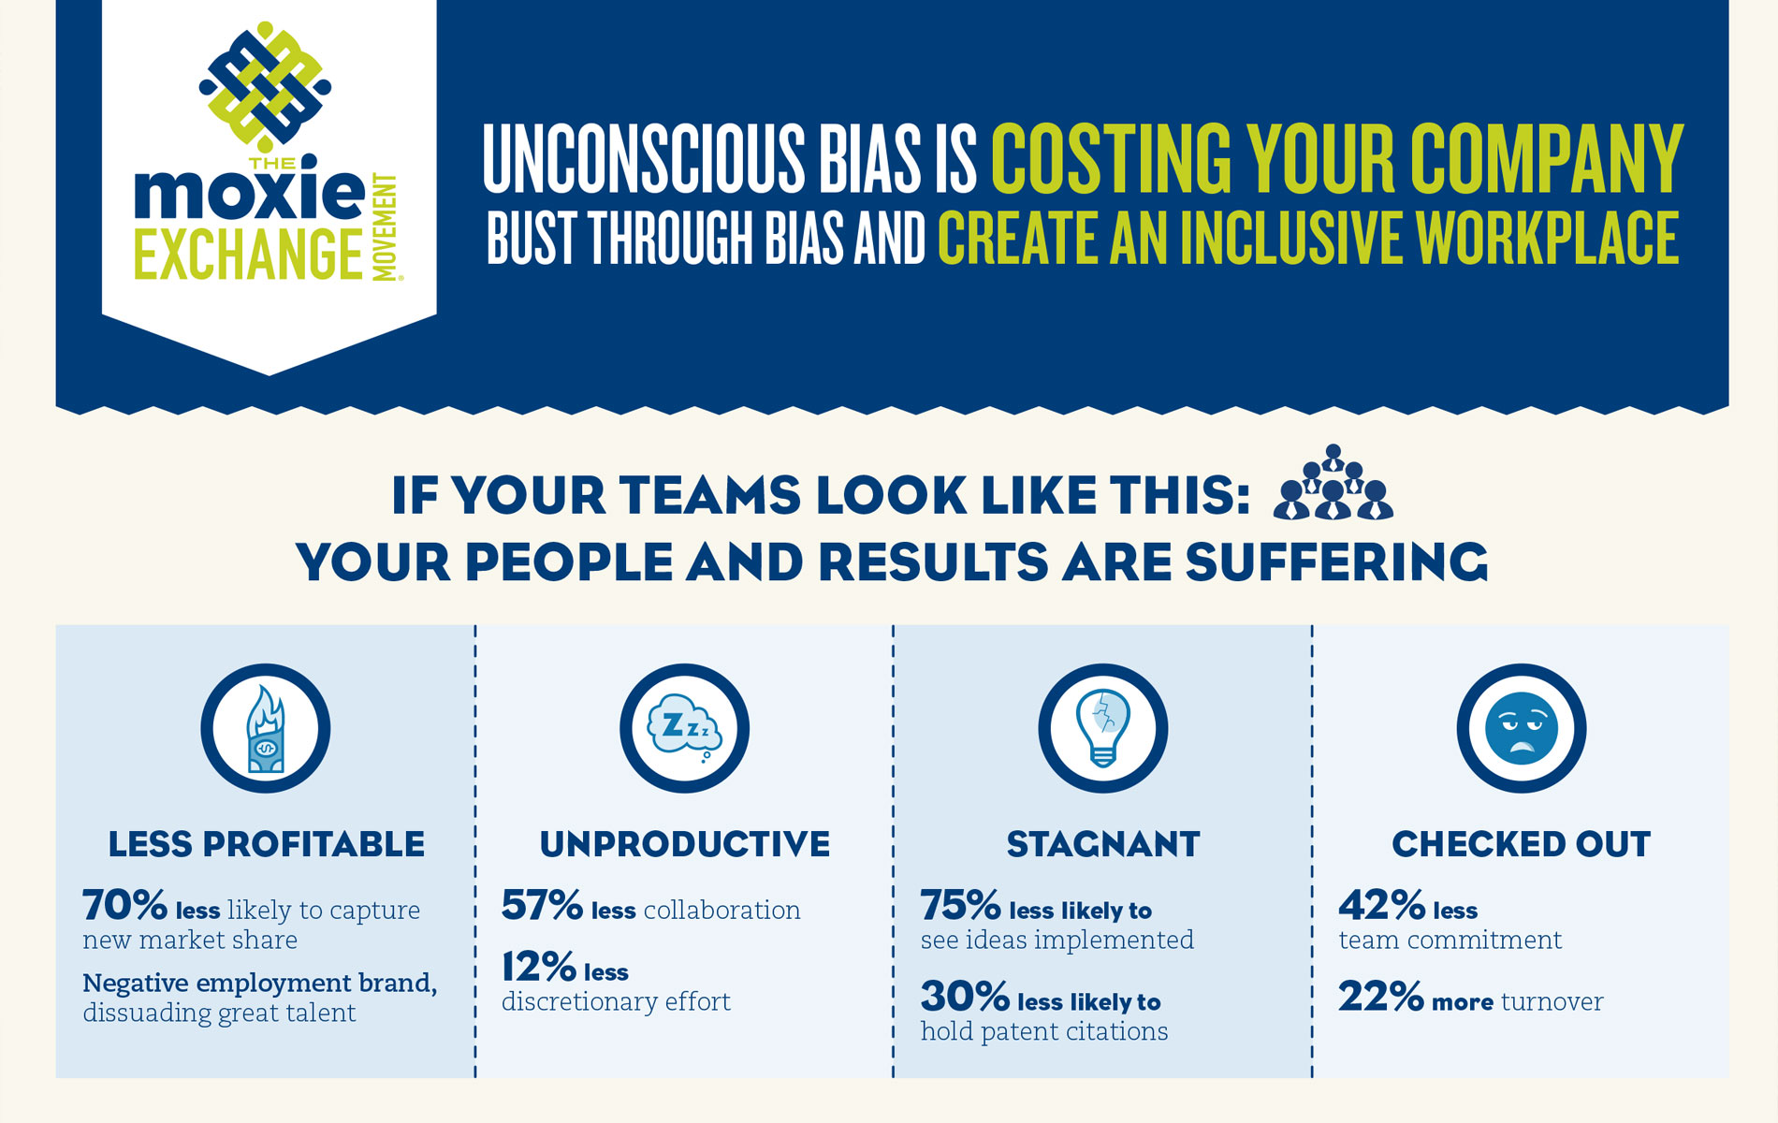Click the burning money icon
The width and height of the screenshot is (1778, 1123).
[x=266, y=729]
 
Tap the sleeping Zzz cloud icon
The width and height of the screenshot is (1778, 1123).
[x=685, y=729]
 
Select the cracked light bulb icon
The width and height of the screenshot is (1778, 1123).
[x=1103, y=729]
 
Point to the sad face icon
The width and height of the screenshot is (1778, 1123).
[x=1522, y=729]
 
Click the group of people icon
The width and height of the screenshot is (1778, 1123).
[x=1333, y=484]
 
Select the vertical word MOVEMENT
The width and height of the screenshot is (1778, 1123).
[x=385, y=227]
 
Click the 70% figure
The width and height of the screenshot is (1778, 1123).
[x=124, y=906]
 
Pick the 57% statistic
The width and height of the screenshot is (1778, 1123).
[x=542, y=906]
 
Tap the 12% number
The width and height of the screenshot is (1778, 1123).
[x=538, y=968]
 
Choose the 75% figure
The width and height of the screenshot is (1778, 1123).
[x=960, y=906]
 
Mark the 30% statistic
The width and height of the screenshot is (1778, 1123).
[x=965, y=998]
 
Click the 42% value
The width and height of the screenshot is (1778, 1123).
[x=1381, y=906]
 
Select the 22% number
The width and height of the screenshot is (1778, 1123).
[x=1380, y=998]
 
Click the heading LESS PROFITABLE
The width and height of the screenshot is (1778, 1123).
[x=267, y=844]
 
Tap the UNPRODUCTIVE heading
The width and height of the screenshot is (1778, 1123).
[x=685, y=844]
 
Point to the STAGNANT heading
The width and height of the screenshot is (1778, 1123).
[x=1103, y=844]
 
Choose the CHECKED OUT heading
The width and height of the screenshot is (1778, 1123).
[x=1522, y=844]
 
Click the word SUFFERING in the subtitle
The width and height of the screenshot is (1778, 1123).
[x=1335, y=562]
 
